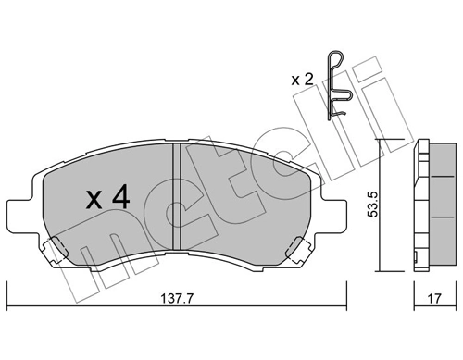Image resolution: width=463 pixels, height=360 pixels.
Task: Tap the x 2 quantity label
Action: coord(302,80)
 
